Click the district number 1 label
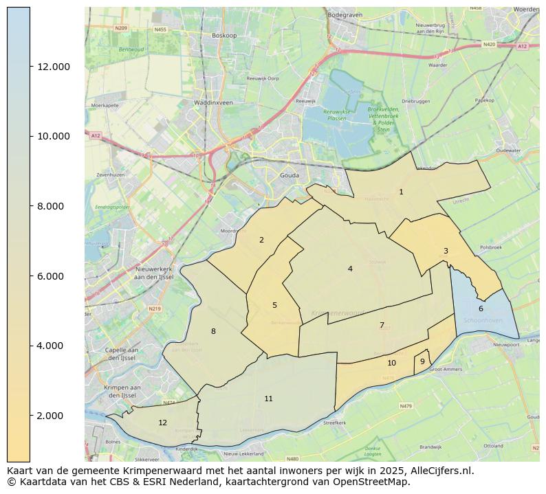(401, 192)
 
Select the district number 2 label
(261, 240)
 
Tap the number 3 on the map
(446, 251)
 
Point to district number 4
(350, 269)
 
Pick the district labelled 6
(481, 309)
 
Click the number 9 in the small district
(422, 362)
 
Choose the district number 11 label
(268, 399)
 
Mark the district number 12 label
(162, 423)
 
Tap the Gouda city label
(290, 176)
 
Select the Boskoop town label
(224, 35)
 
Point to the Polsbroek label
(491, 246)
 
